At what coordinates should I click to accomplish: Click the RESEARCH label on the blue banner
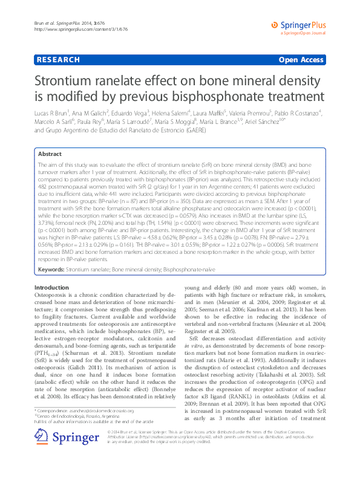(x=57, y=60)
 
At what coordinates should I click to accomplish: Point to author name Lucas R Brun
(x=53, y=112)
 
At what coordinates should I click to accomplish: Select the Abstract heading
(x=50, y=154)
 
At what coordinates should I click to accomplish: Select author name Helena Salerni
(x=203, y=112)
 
